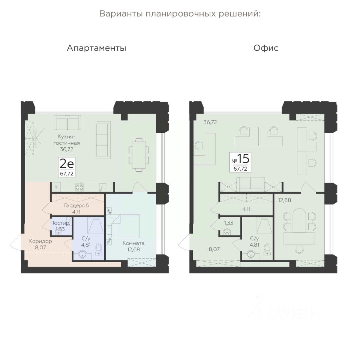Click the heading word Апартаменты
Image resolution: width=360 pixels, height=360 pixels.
pyautogui.click(x=96, y=48)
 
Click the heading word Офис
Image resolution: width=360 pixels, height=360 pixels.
pyautogui.click(x=266, y=48)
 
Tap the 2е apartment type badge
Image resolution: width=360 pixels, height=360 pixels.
pyautogui.click(x=67, y=167)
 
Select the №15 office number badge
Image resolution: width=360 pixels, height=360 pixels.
pyautogui.click(x=240, y=162)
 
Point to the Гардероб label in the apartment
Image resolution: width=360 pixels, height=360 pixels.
pyautogui.click(x=76, y=205)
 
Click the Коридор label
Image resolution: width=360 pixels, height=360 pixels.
pyautogui.click(x=40, y=241)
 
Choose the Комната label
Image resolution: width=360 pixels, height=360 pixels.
pyautogui.click(x=133, y=243)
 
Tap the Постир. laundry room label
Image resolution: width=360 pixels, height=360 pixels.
pyautogui.click(x=60, y=223)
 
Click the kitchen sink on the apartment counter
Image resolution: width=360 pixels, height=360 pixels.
pyautogui.click(x=103, y=187)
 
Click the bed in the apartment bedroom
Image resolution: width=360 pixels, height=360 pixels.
pyautogui.click(x=127, y=226)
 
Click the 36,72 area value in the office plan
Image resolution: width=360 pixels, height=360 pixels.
pyautogui.click(x=210, y=122)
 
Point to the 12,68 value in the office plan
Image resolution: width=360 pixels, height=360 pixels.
pyautogui.click(x=285, y=200)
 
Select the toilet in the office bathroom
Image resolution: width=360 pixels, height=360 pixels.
pyautogui.click(x=267, y=249)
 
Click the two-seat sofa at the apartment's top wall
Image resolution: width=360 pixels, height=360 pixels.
pyautogui.click(x=67, y=123)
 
